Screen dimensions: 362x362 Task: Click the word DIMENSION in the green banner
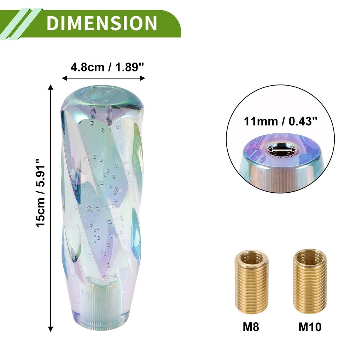(101, 23)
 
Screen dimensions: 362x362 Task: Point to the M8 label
(251, 327)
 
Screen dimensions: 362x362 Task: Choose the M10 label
(310, 327)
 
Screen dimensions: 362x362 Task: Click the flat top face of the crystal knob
(103, 95)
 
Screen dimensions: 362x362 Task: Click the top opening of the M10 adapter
(310, 255)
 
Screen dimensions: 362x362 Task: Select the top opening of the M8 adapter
(251, 256)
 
